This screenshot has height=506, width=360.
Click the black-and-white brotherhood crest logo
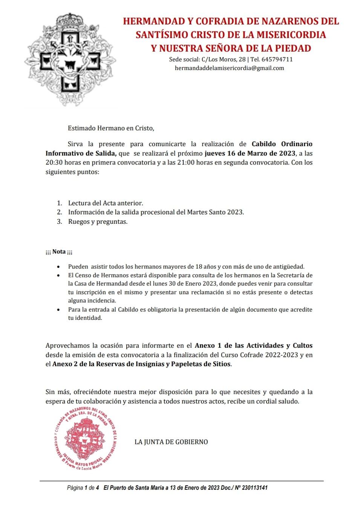click(x=70, y=60)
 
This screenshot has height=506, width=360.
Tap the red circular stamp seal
click(x=86, y=438)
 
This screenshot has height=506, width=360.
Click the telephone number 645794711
click(x=277, y=59)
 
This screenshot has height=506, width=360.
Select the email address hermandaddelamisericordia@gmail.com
click(x=229, y=68)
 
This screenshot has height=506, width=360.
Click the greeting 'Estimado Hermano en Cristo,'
click(x=111, y=128)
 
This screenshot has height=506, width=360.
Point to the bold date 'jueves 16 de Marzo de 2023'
click(x=250, y=153)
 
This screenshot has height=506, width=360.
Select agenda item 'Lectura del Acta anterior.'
click(x=106, y=203)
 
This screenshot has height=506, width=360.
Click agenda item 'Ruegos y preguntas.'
click(x=98, y=222)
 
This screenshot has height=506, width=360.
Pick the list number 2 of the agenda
click(x=59, y=212)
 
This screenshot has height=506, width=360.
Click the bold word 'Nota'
click(x=59, y=251)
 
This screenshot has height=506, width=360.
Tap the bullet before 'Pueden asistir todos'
click(x=58, y=267)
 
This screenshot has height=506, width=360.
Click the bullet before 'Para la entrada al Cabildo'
click(x=58, y=310)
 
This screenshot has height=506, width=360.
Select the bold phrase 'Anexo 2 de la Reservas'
click(x=89, y=364)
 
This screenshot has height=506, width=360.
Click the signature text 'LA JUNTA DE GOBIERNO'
click(x=171, y=442)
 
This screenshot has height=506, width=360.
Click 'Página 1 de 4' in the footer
click(x=83, y=488)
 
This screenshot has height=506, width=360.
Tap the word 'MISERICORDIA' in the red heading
click(x=291, y=35)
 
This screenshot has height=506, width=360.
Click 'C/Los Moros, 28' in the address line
click(x=224, y=59)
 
